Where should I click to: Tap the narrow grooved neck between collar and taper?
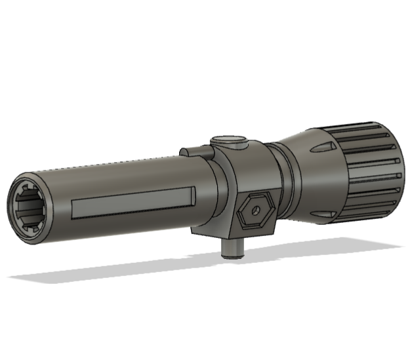coord(287,177)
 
